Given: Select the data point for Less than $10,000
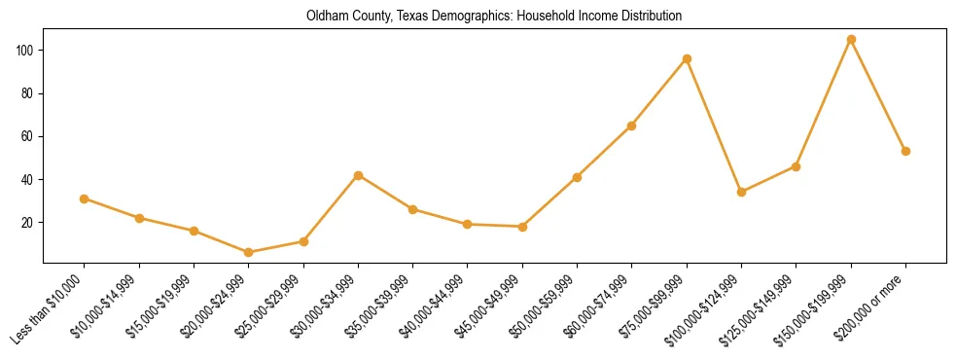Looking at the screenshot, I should click(85, 198).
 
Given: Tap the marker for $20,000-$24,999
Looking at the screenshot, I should click(249, 252).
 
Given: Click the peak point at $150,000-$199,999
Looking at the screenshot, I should click(851, 40).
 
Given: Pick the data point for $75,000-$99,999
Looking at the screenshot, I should click(687, 58).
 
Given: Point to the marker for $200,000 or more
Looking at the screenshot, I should click(905, 151).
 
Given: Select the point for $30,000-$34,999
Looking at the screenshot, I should click(358, 175).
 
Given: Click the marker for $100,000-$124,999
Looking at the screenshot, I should click(741, 192).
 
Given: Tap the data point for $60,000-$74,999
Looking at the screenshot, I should click(632, 126).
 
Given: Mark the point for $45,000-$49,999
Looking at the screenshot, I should click(522, 227).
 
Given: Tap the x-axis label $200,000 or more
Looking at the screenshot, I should click(873, 309).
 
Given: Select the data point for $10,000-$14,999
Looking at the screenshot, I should click(139, 218).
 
